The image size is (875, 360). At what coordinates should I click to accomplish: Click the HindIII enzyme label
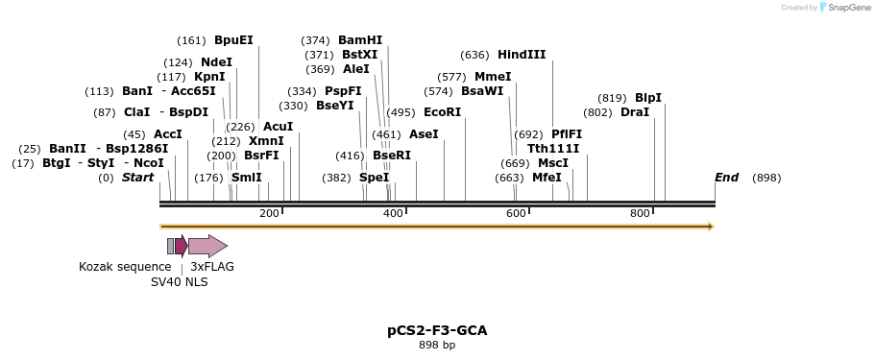[522, 55]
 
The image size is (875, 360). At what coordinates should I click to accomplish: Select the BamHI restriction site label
[360, 40]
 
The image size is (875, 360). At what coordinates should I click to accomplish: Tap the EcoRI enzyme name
[442, 112]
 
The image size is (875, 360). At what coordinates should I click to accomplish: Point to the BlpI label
[648, 98]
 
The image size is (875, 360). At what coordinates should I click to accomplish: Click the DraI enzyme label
[635, 112]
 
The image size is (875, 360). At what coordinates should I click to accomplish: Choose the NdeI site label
[216, 62]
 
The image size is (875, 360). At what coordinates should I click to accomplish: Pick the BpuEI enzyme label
[233, 40]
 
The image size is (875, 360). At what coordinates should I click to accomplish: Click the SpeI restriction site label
[374, 178]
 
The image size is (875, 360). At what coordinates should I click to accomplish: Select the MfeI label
[547, 178]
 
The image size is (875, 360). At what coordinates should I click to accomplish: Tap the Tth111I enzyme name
[553, 149]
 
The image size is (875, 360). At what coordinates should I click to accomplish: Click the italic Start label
[137, 178]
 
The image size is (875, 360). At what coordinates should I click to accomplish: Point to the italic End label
[727, 178]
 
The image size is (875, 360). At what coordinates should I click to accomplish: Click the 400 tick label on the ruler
[393, 213]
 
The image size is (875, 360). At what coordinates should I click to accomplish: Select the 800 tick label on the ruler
[640, 213]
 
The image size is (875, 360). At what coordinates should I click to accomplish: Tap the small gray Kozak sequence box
[171, 246]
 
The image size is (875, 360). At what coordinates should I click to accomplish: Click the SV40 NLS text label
[179, 282]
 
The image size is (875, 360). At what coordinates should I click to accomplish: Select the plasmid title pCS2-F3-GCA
[437, 330]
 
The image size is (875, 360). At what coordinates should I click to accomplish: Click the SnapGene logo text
[847, 8]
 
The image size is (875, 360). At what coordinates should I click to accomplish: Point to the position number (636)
[475, 55]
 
